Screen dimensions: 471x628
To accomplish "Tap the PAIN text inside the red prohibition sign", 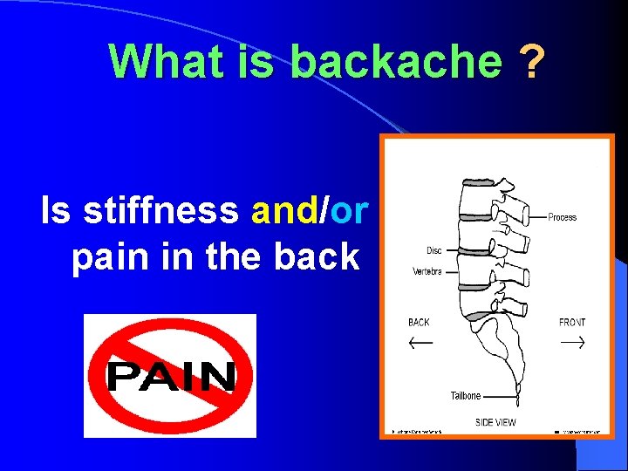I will coord(171,377).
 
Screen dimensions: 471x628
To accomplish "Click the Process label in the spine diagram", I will coord(563,217).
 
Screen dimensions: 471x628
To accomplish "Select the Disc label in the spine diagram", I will coord(433,251).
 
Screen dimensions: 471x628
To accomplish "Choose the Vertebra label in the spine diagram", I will coord(427,271).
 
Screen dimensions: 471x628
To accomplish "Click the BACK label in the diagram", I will coord(419,323).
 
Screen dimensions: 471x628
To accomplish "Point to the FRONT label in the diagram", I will coord(572,323).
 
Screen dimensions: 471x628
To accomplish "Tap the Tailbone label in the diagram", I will coord(465,396).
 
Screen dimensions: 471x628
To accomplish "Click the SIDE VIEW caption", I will coord(495,422).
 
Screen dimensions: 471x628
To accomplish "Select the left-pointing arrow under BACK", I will coord(420,342).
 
